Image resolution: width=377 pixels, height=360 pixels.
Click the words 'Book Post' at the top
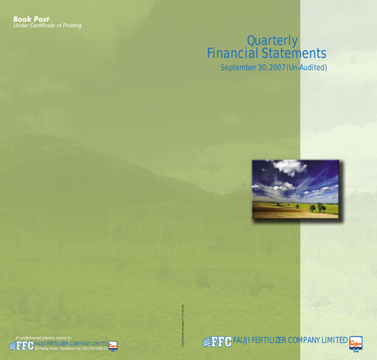(27, 18)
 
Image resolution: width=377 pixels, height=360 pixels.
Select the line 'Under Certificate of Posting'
(47, 26)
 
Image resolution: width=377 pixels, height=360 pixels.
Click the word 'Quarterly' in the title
(272, 40)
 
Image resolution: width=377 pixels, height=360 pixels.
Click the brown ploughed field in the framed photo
(280, 211)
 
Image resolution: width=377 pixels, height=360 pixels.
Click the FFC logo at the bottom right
(217, 342)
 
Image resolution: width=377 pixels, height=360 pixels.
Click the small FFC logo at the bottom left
(21, 345)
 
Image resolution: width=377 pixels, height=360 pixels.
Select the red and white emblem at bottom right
(357, 342)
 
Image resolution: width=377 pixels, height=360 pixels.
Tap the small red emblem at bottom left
(113, 345)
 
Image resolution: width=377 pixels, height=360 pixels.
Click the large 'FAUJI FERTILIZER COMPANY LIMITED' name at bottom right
(290, 340)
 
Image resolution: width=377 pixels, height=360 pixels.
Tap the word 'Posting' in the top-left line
(71, 26)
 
